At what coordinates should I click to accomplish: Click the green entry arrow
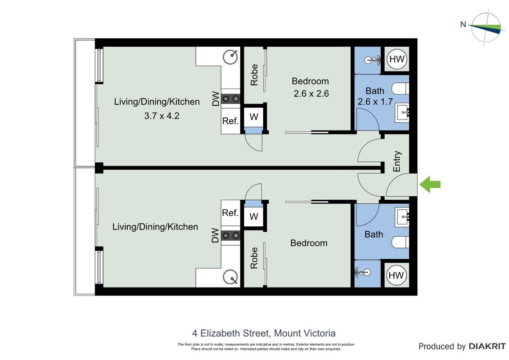[430, 184]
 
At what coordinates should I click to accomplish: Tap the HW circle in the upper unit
[396, 59]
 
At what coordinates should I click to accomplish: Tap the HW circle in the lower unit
[396, 275]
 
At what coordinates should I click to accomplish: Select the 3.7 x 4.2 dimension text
[162, 116]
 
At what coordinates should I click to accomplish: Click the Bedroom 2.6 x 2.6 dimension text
[311, 94]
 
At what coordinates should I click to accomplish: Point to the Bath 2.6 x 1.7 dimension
[375, 102]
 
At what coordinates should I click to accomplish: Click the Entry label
[396, 162]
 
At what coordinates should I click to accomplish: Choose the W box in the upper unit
[254, 117]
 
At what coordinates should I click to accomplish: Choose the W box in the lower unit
[254, 216]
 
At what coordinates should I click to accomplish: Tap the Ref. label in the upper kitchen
[230, 121]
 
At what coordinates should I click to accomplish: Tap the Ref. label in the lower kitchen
[230, 213]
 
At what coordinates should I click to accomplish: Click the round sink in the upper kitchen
[230, 57]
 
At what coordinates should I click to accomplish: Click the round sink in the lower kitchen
[230, 277]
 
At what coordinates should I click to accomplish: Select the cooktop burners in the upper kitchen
[230, 99]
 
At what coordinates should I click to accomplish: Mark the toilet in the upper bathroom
[400, 89]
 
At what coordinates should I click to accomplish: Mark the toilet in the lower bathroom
[400, 242]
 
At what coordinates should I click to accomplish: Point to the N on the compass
[463, 24]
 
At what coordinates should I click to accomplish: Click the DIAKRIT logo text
[487, 346]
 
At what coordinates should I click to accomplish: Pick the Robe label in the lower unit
[254, 258]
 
